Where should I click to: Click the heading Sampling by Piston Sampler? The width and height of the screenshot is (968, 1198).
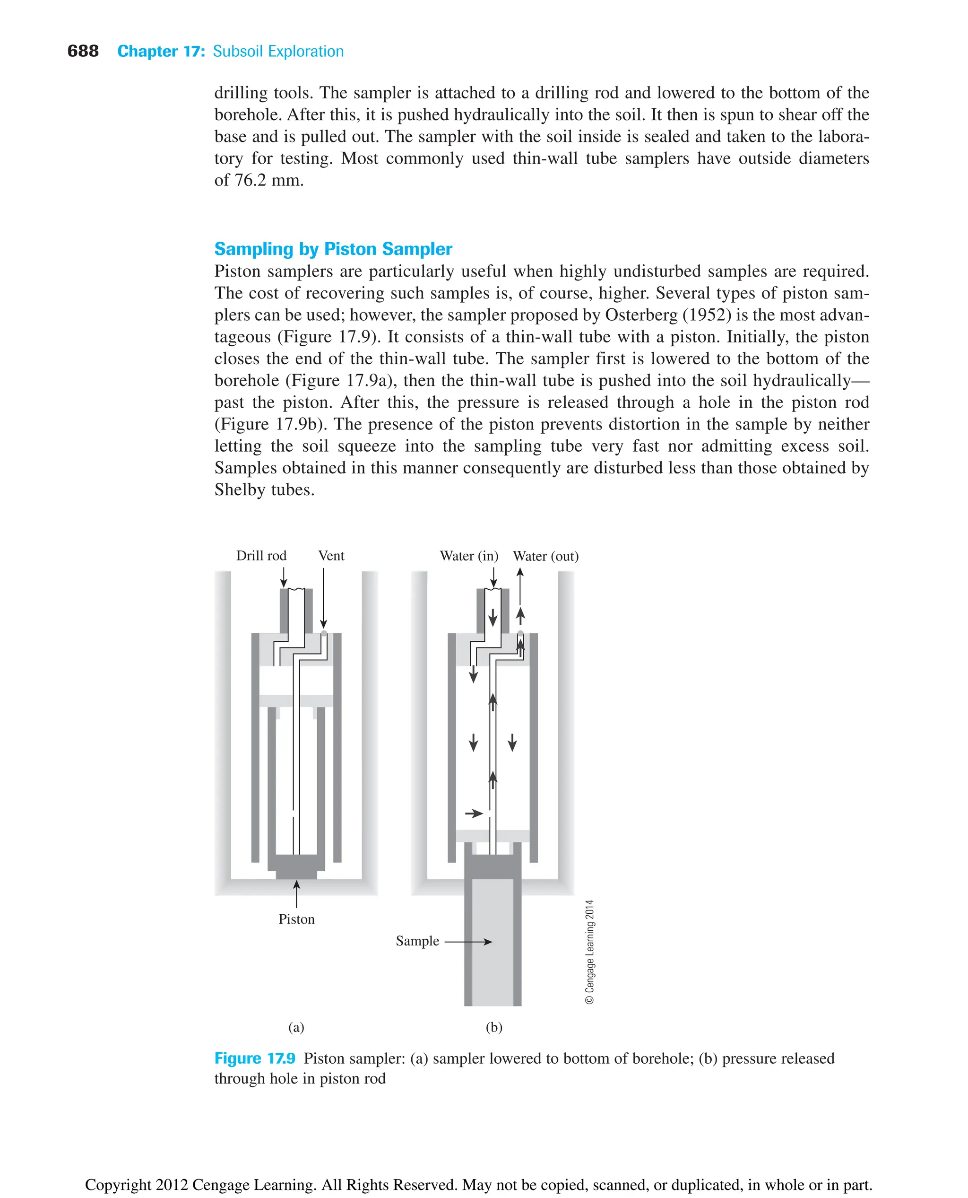(333, 248)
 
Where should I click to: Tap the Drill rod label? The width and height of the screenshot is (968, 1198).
(261, 555)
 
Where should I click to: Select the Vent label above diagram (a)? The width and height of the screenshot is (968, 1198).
(331, 555)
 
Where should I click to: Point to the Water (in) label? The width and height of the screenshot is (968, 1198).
(468, 556)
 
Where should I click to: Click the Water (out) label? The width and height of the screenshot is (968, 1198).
(545, 556)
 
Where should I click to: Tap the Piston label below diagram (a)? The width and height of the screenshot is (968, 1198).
(296, 919)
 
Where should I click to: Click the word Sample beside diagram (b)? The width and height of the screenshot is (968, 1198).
(417, 941)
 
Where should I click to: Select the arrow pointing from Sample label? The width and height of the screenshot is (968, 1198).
(468, 942)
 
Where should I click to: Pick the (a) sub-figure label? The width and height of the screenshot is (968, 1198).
(296, 1027)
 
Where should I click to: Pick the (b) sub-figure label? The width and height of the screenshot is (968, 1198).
(494, 1027)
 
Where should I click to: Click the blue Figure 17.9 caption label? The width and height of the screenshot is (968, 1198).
(255, 1058)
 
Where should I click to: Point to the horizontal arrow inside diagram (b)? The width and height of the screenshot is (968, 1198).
(474, 813)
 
